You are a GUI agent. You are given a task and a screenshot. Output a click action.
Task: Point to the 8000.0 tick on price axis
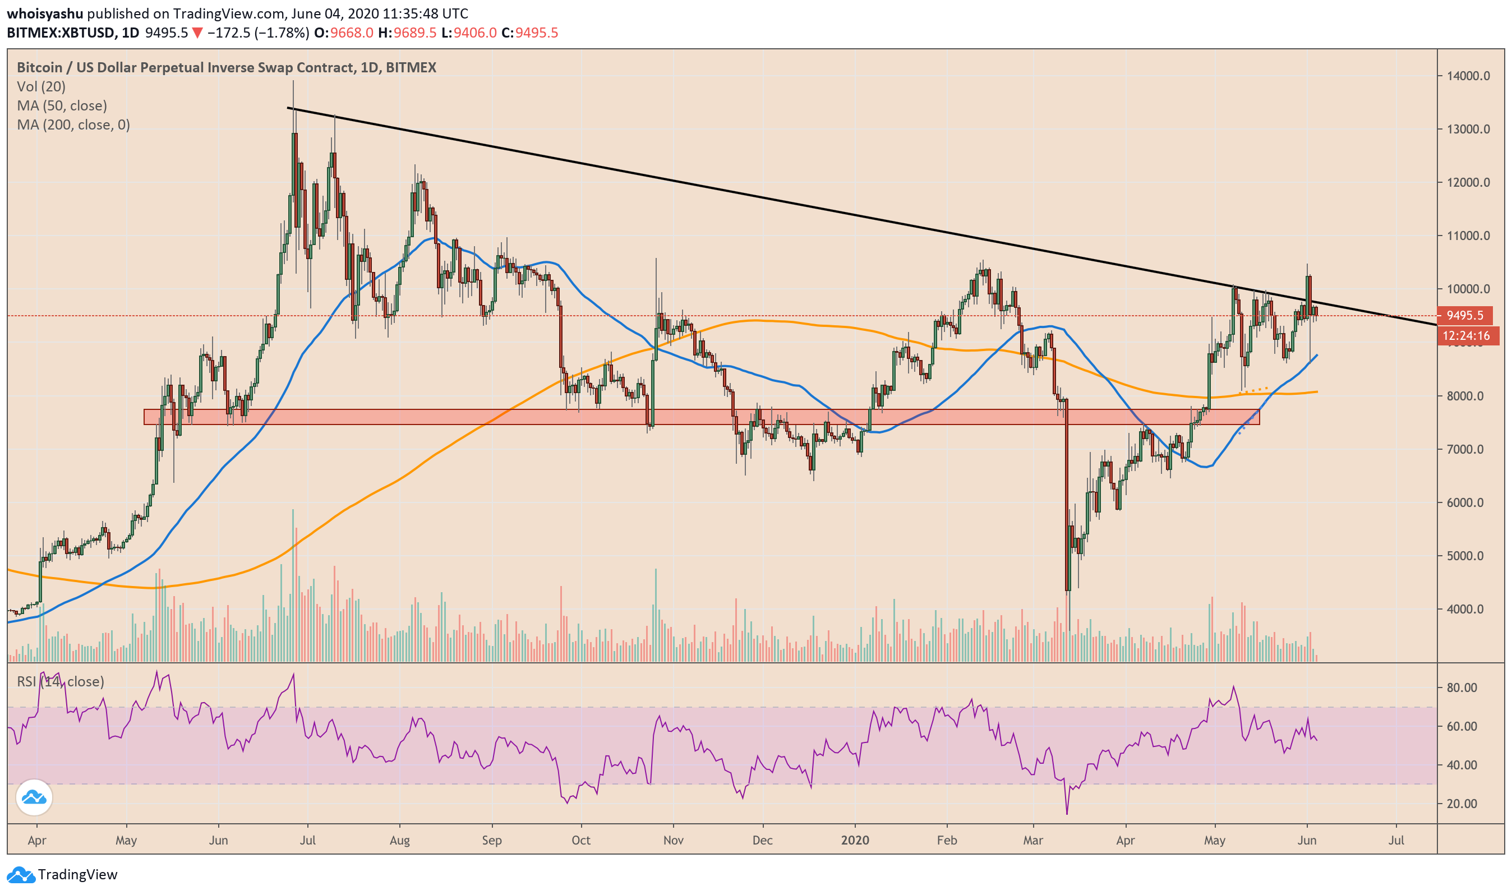1465,396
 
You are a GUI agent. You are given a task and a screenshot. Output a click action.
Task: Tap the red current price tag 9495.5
1465,315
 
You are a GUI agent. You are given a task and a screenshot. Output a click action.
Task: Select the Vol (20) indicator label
41,87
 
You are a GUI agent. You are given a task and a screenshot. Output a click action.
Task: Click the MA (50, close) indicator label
62,105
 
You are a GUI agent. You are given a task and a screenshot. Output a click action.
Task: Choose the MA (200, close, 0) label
73,125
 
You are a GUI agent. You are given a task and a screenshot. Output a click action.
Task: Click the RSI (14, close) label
61,681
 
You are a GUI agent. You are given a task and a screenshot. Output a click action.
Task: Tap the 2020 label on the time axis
855,840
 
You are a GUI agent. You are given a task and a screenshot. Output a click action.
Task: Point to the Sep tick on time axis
491,840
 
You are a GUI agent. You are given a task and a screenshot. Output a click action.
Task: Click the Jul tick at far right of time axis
1396,840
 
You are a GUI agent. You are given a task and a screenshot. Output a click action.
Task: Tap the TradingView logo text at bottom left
77,874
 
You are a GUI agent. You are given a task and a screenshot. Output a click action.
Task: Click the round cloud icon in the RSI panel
34,797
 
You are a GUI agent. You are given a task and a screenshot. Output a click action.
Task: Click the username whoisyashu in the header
45,13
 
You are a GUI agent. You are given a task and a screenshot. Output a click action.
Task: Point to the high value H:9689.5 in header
407,33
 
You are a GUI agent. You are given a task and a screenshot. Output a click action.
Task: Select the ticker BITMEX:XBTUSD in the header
61,33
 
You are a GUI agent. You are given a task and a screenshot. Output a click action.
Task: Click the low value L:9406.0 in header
469,33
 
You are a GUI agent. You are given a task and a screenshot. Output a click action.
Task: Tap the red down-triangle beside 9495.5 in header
197,33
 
